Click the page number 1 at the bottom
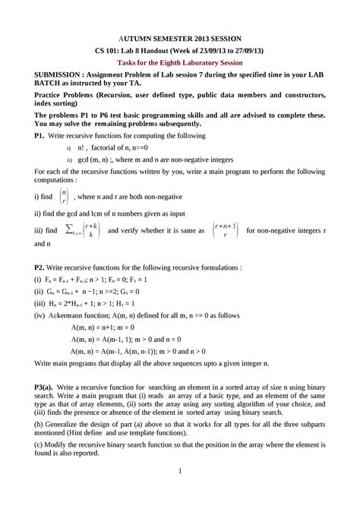click(180, 493)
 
